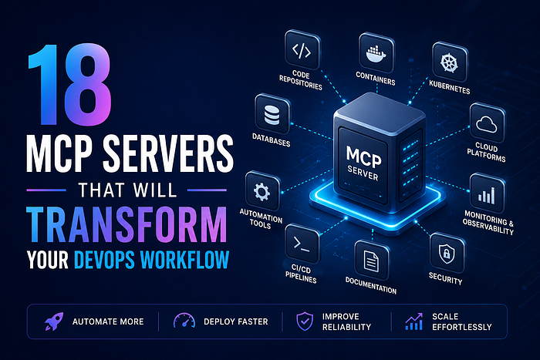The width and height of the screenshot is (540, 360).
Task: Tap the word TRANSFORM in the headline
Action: click(127, 224)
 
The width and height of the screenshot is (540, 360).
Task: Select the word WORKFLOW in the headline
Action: click(185, 260)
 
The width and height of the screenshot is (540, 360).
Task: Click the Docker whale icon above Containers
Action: click(376, 53)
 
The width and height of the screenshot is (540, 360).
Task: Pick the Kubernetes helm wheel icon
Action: click(449, 62)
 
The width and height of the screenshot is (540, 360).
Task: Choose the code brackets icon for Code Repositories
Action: click(302, 51)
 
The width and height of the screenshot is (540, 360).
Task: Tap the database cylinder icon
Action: click(272, 115)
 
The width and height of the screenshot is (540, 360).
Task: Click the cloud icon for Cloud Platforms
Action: click(486, 125)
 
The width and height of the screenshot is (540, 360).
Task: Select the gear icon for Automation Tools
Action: click(262, 192)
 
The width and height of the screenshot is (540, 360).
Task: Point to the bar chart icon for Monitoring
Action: click(486, 195)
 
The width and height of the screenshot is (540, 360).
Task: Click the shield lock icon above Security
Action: click(447, 254)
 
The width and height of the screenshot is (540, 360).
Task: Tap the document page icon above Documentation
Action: click(371, 261)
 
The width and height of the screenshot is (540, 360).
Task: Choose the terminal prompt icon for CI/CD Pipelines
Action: click(302, 244)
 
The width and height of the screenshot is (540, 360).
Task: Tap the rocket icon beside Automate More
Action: click(54, 321)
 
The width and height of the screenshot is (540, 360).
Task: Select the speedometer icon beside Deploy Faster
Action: click(184, 321)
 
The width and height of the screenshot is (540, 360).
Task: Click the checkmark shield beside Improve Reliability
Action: click(305, 321)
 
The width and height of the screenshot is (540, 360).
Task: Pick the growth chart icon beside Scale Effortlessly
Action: click(413, 321)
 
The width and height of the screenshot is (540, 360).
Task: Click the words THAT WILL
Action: click(127, 190)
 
